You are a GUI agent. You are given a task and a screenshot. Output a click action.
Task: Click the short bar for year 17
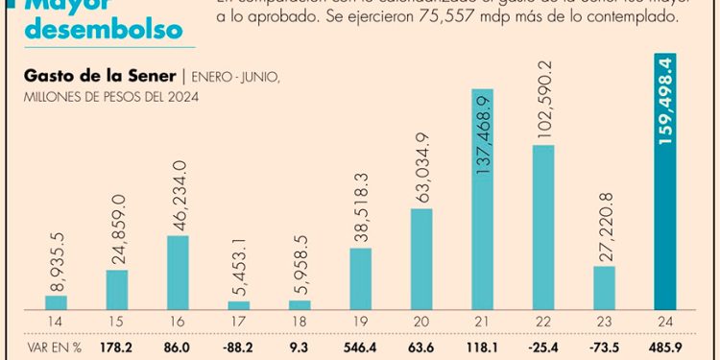pos(239,304)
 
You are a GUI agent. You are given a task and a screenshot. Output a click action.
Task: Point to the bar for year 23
pos(604,287)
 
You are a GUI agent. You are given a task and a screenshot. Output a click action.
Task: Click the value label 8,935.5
pos(57,258)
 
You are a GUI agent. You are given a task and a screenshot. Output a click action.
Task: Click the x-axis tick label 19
pos(361,321)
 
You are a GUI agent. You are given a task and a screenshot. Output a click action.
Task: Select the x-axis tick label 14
pos(57,321)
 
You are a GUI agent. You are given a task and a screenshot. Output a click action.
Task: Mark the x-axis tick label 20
pos(421,321)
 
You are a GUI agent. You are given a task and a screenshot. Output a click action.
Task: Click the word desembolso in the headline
pos(104,29)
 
